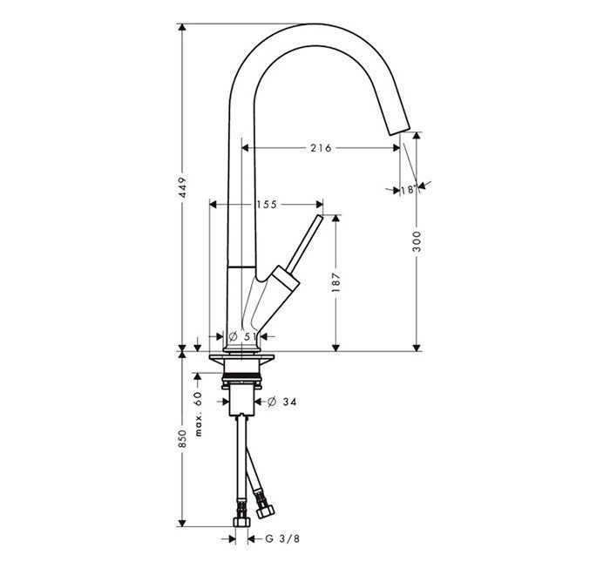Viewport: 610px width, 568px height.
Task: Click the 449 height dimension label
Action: (183, 193)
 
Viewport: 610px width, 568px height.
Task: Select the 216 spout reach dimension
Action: (320, 148)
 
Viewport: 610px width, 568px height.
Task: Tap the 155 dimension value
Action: (266, 204)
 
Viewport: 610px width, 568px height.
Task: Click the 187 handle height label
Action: (336, 282)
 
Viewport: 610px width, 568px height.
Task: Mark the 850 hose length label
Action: (183, 439)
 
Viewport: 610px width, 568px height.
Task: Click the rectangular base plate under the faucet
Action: (242, 361)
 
